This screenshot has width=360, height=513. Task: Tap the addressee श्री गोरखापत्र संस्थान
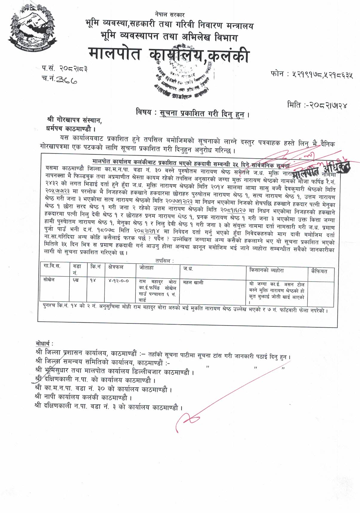74,120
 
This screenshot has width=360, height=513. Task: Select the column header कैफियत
319,271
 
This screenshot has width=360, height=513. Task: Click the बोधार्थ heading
44,343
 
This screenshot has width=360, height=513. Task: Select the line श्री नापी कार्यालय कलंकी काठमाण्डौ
83,398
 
